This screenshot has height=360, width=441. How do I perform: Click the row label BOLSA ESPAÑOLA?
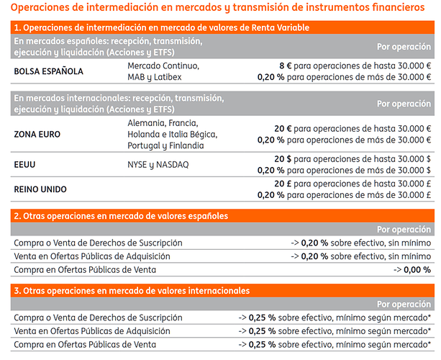(48, 71)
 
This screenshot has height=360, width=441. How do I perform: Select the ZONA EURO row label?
(37, 135)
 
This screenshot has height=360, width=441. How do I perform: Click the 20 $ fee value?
(281, 159)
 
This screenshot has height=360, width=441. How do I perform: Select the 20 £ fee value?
(281, 184)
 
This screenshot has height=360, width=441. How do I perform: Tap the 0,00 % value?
(416, 269)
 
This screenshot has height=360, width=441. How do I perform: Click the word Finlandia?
(183, 145)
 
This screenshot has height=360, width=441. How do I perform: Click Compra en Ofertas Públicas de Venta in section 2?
(84, 269)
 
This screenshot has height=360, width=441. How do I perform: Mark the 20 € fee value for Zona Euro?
(281, 129)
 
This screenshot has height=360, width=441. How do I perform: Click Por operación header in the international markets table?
(404, 103)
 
